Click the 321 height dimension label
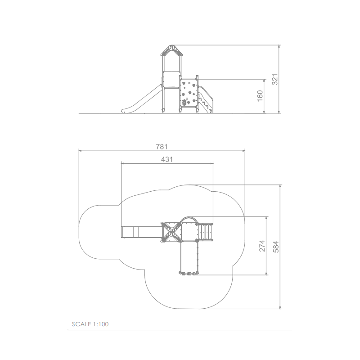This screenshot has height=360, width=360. click(x=275, y=80)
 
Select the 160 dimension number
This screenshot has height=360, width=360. click(x=260, y=96)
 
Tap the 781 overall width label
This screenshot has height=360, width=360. click(x=162, y=147)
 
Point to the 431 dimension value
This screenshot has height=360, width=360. click(x=166, y=159)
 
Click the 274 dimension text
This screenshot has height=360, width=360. click(x=262, y=246)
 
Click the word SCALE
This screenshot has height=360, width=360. click(x=81, y=324)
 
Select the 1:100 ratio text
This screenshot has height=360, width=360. click(x=101, y=324)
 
